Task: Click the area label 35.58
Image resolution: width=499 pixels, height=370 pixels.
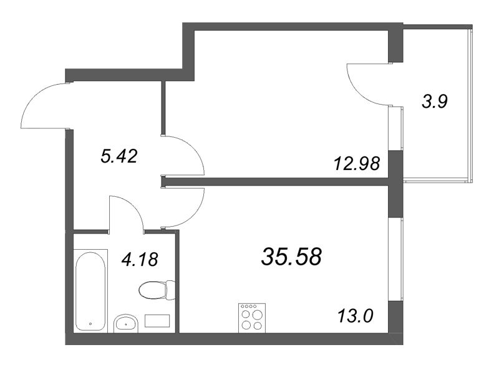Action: click(291, 255)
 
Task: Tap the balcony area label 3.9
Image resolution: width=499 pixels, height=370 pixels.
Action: click(434, 102)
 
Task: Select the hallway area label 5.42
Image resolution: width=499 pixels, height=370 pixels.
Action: click(119, 156)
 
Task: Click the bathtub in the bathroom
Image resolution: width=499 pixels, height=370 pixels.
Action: click(91, 290)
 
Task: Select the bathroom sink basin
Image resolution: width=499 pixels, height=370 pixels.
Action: click(127, 323)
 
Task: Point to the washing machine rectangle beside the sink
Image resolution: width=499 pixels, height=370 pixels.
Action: click(157, 321)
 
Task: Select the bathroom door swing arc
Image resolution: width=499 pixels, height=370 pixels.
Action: click(127, 212)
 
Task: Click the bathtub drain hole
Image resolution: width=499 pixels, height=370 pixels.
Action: click(91, 324)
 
